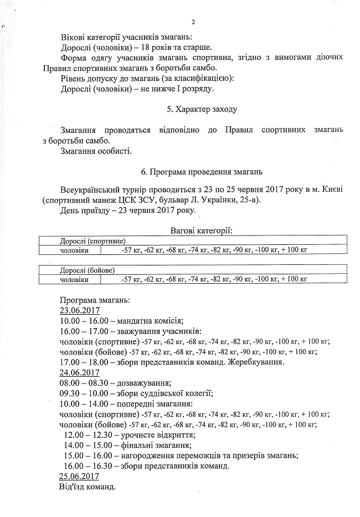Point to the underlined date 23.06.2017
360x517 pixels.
tap(79, 310)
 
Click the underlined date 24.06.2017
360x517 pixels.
tap(79, 372)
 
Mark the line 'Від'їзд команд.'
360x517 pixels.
tap(87, 487)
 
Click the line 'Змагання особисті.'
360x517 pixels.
tap(96, 151)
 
